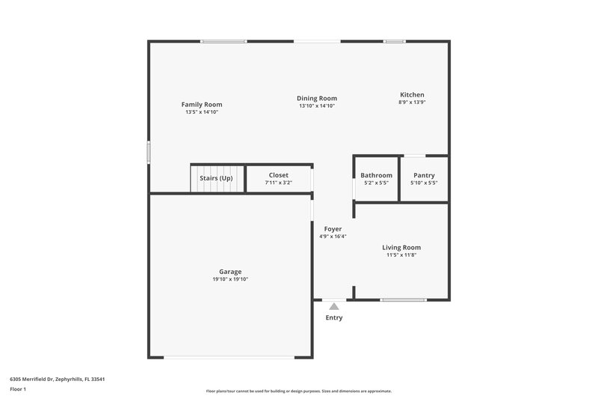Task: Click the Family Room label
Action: tap(202, 104)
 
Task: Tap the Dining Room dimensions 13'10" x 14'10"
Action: tap(317, 106)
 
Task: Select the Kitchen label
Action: tap(412, 94)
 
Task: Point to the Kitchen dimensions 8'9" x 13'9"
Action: tap(412, 102)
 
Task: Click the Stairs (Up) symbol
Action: tap(216, 178)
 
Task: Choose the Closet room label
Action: tap(278, 174)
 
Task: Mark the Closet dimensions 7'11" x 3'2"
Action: tap(278, 182)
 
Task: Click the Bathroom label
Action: tap(376, 175)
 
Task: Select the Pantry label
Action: tap(424, 175)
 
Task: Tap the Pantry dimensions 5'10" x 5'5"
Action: tap(424, 183)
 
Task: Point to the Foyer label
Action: tap(333, 228)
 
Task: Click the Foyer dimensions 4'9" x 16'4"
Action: tap(333, 237)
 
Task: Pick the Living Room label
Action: tap(401, 247)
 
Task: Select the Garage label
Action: tap(230, 271)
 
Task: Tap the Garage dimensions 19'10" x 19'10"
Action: tap(230, 279)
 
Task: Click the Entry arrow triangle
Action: tap(334, 305)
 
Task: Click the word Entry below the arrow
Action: tap(334, 318)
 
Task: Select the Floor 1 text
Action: tap(17, 390)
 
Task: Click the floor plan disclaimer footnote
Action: tap(299, 391)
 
